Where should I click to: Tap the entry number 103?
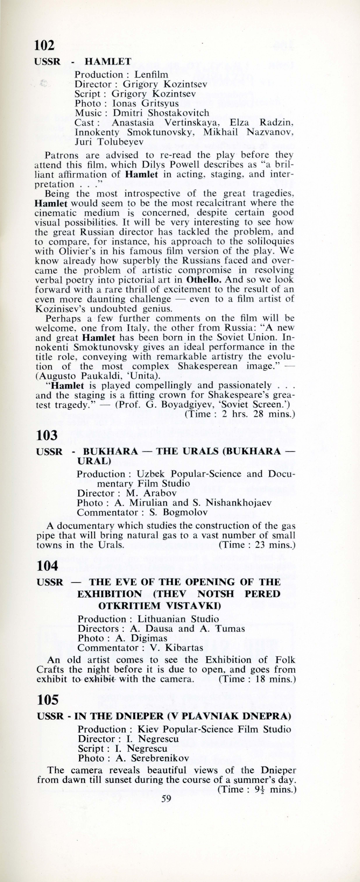[x=46, y=435]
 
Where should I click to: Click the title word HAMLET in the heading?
[x=108, y=62]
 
